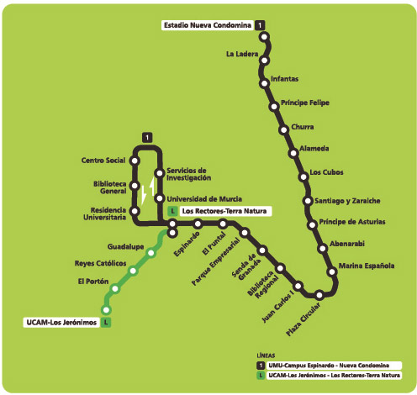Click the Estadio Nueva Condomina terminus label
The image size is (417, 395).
(208, 25)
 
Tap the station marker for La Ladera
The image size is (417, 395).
(264, 61)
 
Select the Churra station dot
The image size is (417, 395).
(283, 130)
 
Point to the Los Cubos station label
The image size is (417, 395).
(326, 172)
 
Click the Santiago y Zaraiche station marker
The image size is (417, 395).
(308, 201)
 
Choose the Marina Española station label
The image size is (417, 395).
(367, 266)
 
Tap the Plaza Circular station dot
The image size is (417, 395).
(319, 295)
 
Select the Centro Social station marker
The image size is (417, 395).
(135, 161)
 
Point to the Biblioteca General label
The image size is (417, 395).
(110, 187)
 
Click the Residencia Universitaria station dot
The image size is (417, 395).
(135, 211)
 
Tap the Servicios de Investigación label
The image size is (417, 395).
(189, 174)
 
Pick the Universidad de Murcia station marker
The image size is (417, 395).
(160, 198)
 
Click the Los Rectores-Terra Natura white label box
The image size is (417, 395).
(225, 211)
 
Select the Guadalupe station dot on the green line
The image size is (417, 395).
(151, 253)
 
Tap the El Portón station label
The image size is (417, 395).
(93, 282)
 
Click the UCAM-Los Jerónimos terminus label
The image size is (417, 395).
(61, 323)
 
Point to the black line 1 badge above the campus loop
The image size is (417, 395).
(147, 138)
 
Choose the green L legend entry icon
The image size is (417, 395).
(261, 376)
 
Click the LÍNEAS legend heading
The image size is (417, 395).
(266, 355)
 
